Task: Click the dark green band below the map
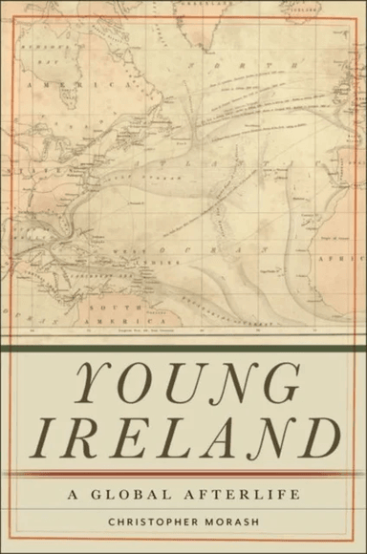183,350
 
